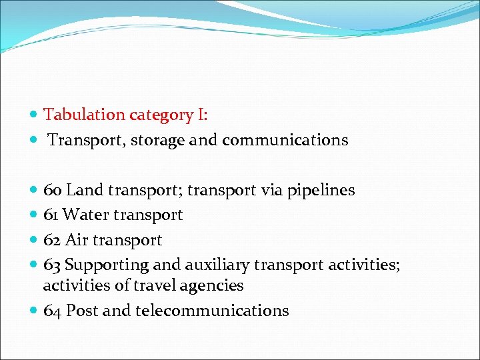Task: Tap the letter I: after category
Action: [x=202, y=115]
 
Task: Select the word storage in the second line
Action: [x=159, y=141]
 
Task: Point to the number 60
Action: [x=53, y=191]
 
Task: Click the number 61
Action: [x=51, y=215]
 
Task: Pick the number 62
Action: [x=53, y=240]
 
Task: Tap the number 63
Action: [x=53, y=265]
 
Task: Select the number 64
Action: [x=53, y=311]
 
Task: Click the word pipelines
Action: [x=321, y=191]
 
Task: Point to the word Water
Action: [x=87, y=215]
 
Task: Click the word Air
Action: [x=77, y=240]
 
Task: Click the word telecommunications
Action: [x=212, y=311]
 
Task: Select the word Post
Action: [x=81, y=311]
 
